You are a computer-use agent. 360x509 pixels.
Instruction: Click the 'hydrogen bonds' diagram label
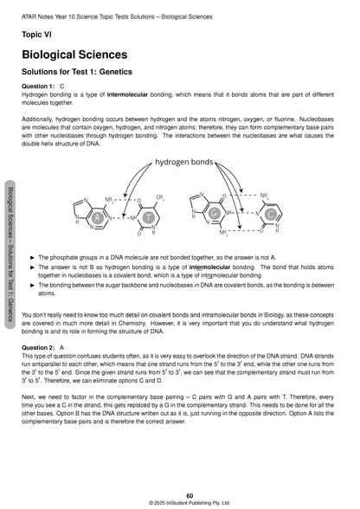tap(188, 162)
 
